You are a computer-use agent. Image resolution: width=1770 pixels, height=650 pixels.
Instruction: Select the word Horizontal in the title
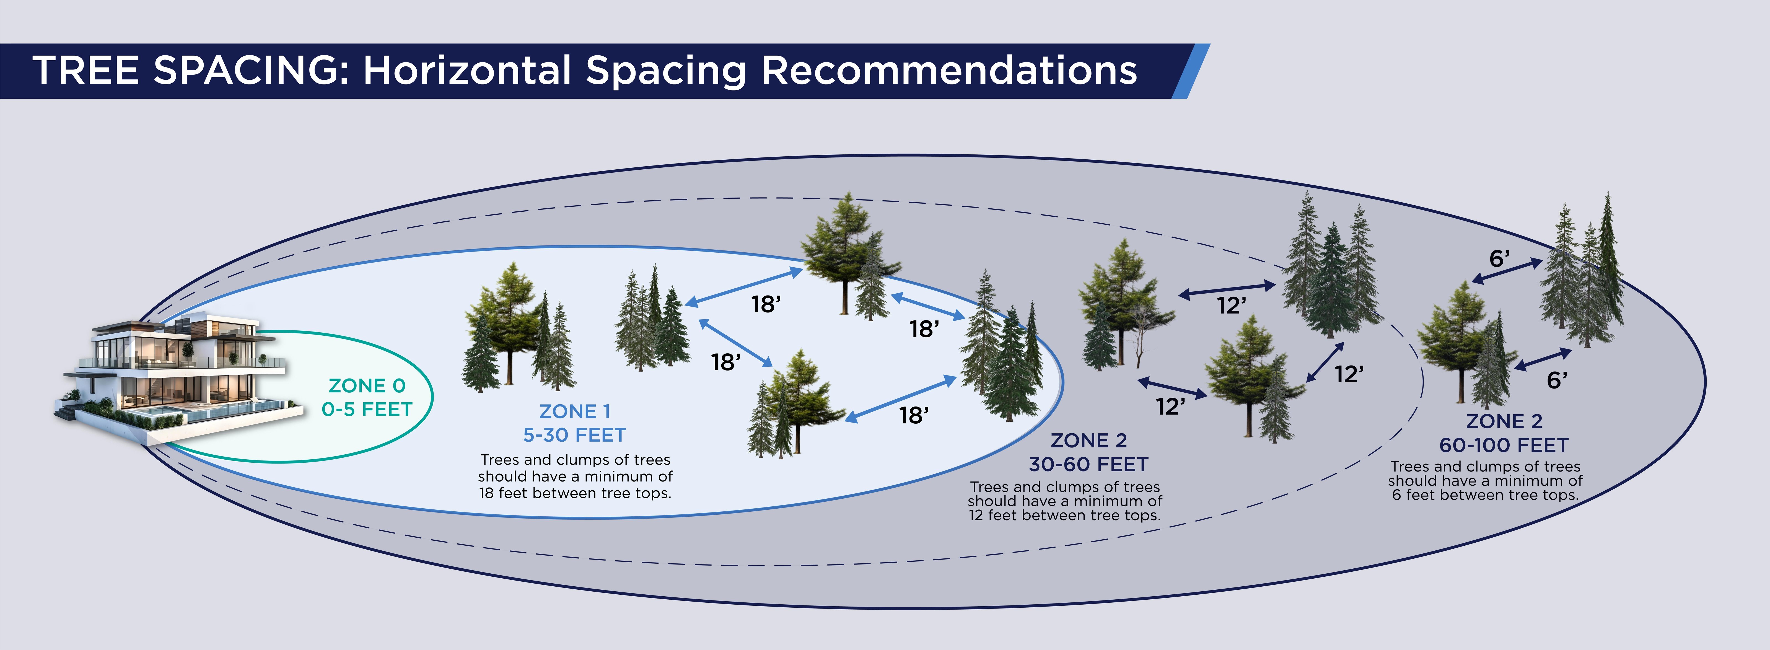pyautogui.click(x=467, y=71)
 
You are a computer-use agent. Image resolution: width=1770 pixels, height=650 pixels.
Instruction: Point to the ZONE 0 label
pyautogui.click(x=367, y=385)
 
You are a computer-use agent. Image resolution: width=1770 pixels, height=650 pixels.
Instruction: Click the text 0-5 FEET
pyautogui.click(x=367, y=410)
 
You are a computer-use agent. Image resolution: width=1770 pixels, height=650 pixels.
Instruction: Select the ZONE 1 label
pyautogui.click(x=574, y=411)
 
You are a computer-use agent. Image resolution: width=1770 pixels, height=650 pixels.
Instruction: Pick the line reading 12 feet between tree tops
pyautogui.click(x=1064, y=515)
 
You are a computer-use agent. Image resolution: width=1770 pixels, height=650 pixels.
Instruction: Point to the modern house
pyautogui.click(x=179, y=364)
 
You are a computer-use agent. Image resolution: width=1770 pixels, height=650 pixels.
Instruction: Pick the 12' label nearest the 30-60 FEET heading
pyautogui.click(x=1170, y=407)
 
